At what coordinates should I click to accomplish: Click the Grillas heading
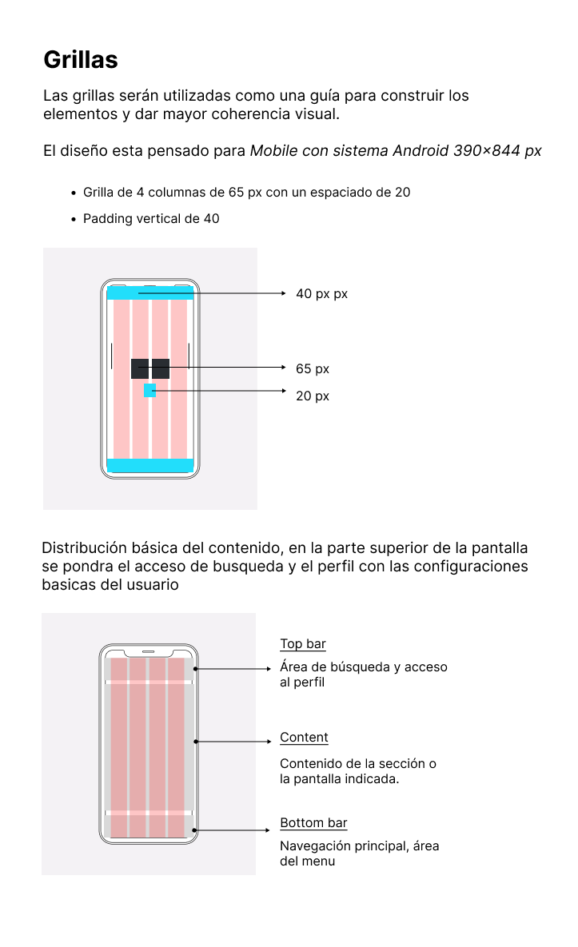(81, 60)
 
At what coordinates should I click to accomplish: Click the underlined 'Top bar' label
(303, 644)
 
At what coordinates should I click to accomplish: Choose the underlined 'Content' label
(304, 738)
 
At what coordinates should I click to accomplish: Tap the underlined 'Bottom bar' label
(313, 823)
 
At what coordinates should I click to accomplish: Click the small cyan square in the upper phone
(149, 390)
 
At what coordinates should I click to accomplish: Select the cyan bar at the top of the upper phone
(149, 292)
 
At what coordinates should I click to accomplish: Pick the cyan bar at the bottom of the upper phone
(149, 465)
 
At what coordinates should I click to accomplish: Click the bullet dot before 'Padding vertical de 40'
(73, 219)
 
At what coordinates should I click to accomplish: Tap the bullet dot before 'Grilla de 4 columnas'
(73, 193)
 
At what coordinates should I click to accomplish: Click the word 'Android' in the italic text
(421, 151)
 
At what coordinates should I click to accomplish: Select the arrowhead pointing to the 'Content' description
(269, 742)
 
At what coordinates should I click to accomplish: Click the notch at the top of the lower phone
(148, 651)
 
